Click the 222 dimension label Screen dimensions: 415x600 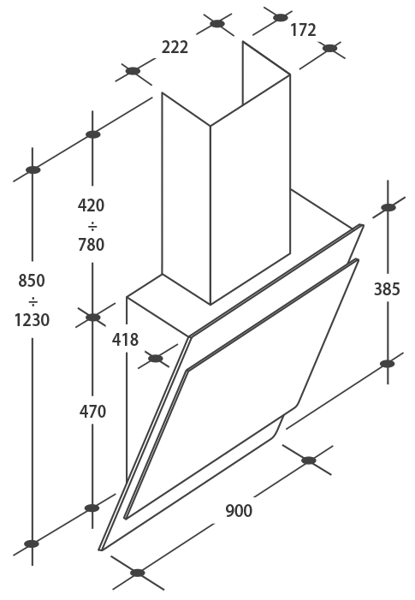(175, 47)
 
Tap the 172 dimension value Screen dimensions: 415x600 (303, 30)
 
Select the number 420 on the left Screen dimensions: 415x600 (91, 205)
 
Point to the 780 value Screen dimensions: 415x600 (91, 245)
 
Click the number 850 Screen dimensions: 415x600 (32, 281)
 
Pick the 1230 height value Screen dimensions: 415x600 (33, 320)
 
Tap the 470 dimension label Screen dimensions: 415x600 (92, 412)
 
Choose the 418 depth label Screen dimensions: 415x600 (125, 340)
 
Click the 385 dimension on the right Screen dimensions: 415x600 (387, 289)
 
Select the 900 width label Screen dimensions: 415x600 (239, 511)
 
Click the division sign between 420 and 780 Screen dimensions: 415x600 (92, 227)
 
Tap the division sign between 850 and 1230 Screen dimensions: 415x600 (33, 302)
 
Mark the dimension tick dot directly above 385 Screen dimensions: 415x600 (388, 207)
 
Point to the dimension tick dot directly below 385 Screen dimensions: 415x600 (388, 364)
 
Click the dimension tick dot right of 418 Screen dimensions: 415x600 (155, 359)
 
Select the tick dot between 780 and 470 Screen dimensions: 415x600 (92, 318)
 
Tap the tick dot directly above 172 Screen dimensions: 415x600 (281, 17)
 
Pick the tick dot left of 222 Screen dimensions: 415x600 (133, 71)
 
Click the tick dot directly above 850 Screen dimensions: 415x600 (33, 169)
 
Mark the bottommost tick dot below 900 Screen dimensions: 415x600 (138, 573)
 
